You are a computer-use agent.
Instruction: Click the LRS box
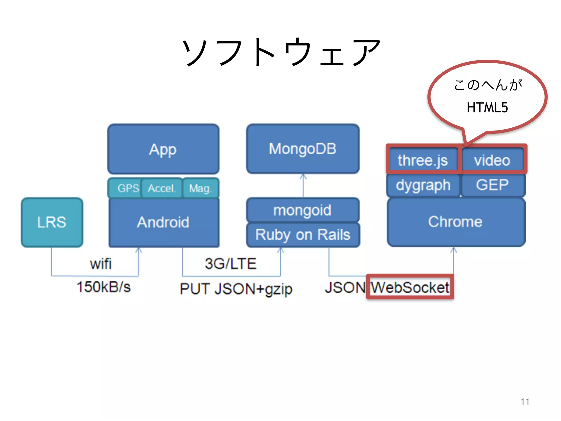52,222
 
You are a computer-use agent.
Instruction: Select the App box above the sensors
163,149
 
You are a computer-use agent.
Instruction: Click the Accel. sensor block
162,188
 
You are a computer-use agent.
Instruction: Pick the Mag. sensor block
201,188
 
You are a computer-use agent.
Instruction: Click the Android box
164,222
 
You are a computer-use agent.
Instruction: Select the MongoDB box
303,149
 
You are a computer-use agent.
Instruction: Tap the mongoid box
303,210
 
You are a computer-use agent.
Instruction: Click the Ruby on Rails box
303,235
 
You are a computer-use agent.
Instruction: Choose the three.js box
423,160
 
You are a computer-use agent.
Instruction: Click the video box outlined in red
493,160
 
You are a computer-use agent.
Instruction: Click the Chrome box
456,222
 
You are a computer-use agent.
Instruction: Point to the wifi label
101,264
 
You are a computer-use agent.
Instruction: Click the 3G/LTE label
231,264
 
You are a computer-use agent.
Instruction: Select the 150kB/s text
104,287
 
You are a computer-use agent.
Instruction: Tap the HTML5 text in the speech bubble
487,107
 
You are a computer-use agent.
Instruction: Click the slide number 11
525,402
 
